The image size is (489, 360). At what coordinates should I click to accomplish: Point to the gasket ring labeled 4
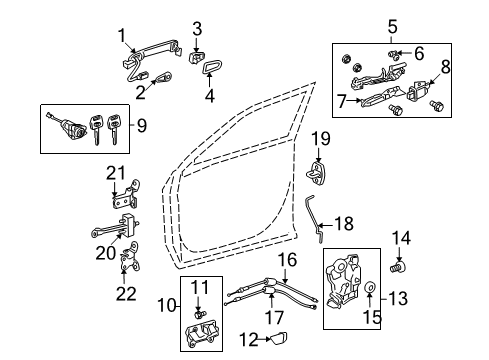pos(212,68)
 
